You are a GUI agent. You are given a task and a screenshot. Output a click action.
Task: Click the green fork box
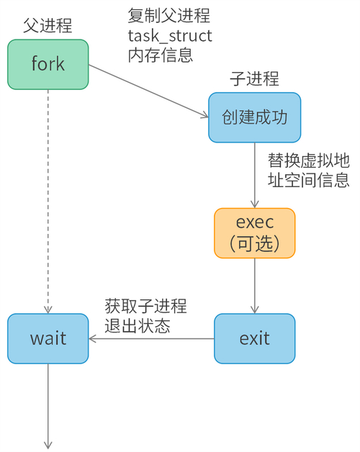(48, 63)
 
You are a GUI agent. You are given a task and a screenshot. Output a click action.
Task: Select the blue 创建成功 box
(254, 117)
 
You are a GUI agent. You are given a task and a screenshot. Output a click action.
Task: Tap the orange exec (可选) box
(255, 232)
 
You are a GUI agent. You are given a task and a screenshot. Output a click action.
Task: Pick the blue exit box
(255, 338)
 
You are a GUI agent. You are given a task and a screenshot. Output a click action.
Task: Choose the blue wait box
(48, 338)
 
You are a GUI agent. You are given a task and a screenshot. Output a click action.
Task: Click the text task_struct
(170, 35)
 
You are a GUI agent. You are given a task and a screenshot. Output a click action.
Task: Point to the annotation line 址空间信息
(309, 179)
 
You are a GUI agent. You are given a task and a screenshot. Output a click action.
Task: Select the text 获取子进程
(145, 306)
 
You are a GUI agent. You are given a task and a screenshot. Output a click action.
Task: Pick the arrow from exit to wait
(151, 338)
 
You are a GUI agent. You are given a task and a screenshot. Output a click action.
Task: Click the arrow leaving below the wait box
(48, 403)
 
